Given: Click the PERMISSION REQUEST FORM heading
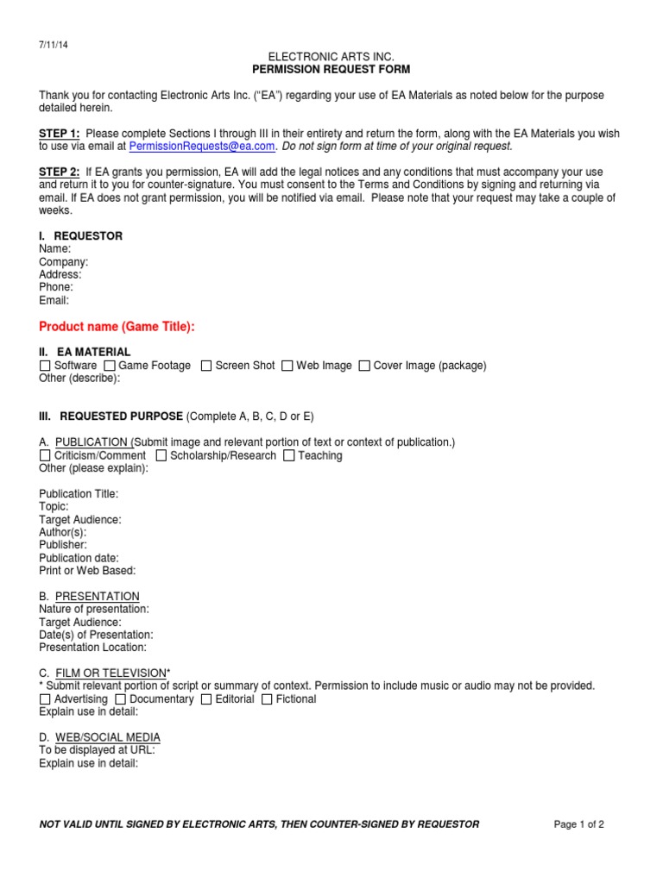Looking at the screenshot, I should [331, 69].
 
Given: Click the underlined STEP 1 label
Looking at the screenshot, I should [60, 134].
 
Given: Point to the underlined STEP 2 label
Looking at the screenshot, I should [60, 172].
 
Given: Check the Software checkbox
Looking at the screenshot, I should [45, 366].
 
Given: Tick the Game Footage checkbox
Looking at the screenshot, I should [110, 366].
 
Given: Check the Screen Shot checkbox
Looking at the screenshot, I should [206, 366].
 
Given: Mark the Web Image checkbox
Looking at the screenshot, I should [287, 366].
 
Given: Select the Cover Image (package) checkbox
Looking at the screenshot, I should [364, 366].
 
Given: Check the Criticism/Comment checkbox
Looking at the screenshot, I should [45, 455].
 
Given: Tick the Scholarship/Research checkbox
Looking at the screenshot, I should [161, 455].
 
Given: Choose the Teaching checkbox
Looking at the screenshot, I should [289, 455].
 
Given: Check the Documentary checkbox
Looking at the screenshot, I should [121, 699].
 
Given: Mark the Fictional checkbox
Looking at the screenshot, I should [267, 699].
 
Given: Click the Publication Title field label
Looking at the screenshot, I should [79, 494].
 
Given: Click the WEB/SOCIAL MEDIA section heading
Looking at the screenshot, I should [107, 737].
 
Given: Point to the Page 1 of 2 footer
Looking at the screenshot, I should [578, 824].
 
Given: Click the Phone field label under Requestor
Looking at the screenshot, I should [56, 287].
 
